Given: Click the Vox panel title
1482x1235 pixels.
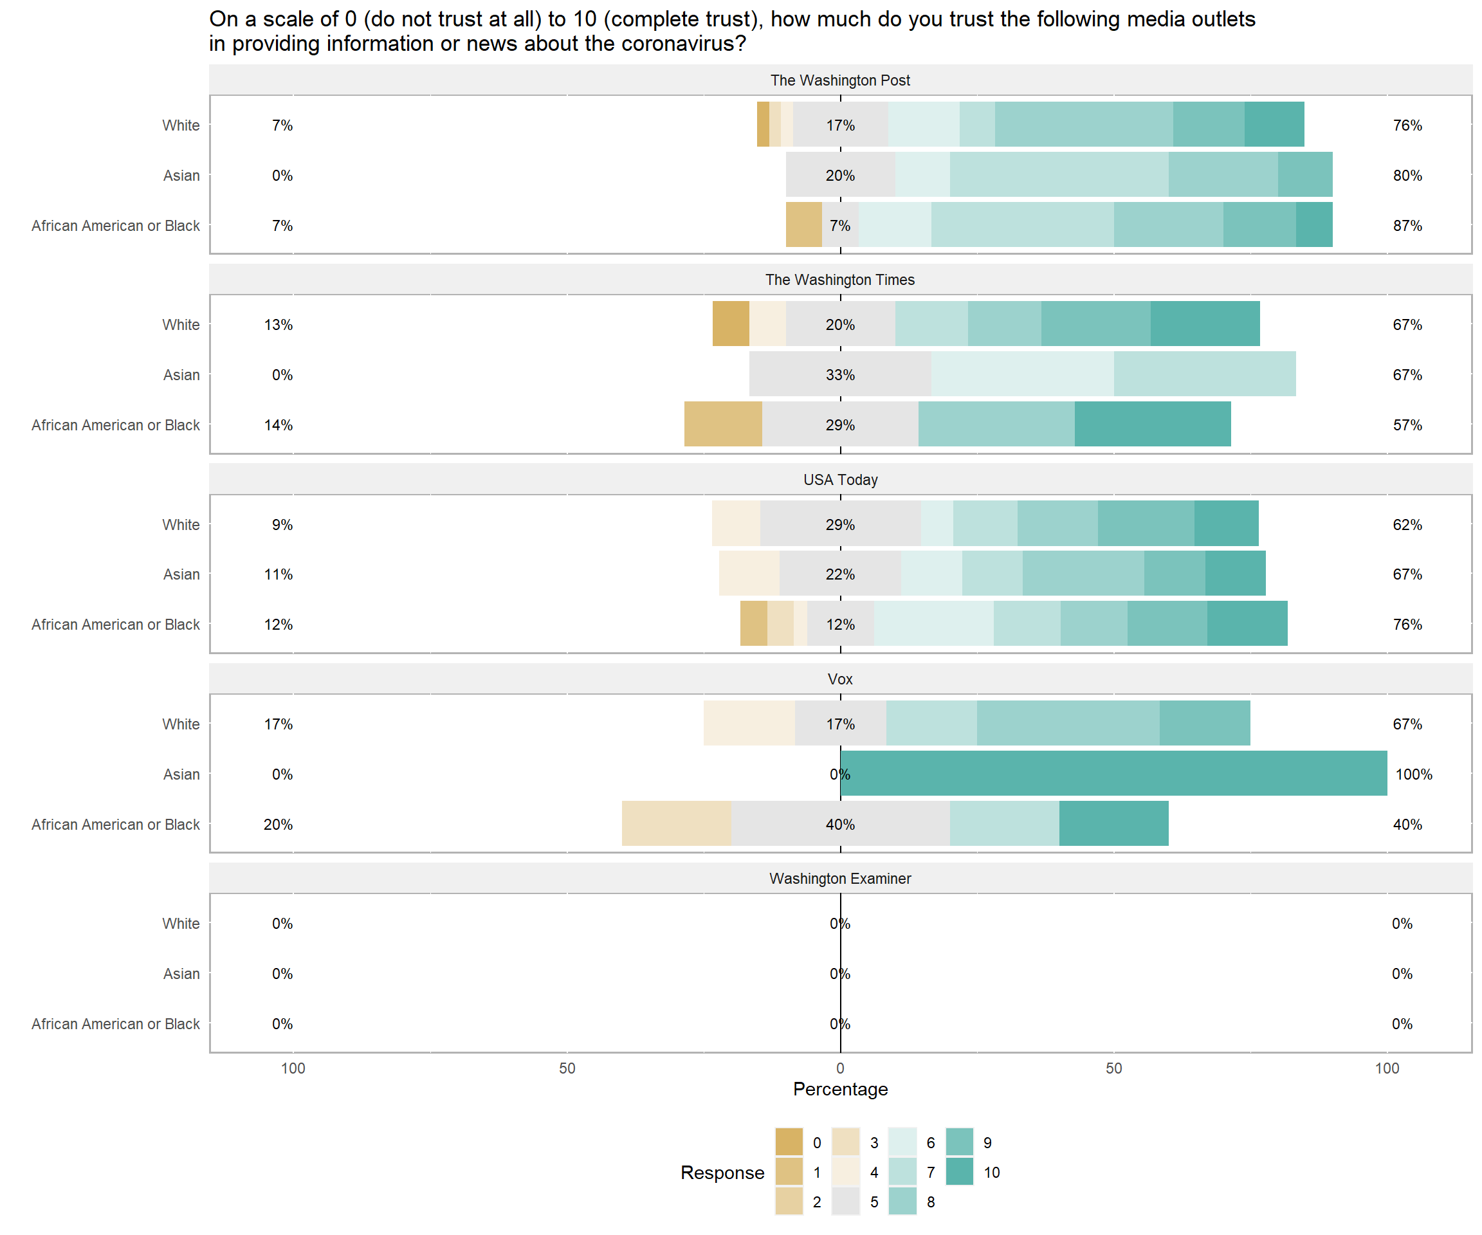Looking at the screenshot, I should pos(840,679).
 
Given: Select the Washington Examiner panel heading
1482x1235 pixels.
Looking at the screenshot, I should pos(840,879).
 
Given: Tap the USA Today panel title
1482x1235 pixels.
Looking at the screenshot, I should pos(840,480).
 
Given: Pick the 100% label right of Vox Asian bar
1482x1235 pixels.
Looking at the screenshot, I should pos(1414,774).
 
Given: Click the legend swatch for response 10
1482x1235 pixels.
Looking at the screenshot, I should pos(959,1172).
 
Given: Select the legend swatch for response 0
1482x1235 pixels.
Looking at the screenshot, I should pos(789,1142).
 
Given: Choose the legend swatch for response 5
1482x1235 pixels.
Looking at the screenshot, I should pos(845,1202).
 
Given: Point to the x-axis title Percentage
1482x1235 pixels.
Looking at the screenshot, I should pos(840,1089).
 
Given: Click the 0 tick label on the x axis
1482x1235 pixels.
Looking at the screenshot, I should pos(840,1068).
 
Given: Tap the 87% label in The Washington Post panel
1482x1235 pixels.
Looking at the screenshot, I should pos(1407,226).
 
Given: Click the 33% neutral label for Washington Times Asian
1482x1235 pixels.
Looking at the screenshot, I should pos(840,375).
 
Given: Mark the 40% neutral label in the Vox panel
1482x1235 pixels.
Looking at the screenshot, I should pos(840,824).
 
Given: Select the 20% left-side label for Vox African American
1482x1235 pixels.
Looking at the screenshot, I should pos(278,824).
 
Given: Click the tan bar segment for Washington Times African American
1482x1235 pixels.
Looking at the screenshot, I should pos(722,424).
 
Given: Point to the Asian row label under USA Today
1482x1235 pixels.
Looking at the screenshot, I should pos(181,574).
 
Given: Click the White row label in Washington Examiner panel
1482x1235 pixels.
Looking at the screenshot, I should pos(181,923).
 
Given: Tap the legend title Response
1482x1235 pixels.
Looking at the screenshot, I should pos(722,1172).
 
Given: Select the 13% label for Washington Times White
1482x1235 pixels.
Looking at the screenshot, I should pos(278,325).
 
